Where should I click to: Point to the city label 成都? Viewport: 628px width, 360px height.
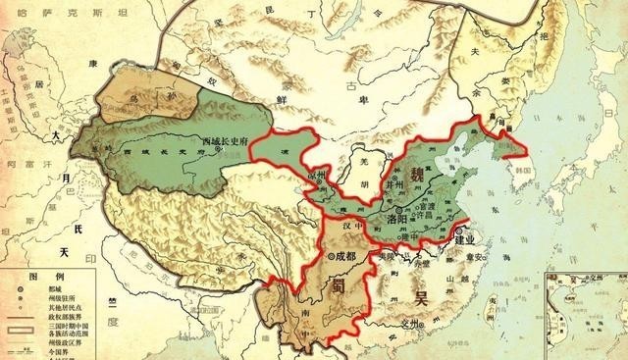[347, 257]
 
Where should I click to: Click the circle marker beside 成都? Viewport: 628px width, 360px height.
[330, 257]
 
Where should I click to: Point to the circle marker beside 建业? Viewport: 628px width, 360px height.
[454, 234]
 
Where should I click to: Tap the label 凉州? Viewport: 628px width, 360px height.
[315, 174]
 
